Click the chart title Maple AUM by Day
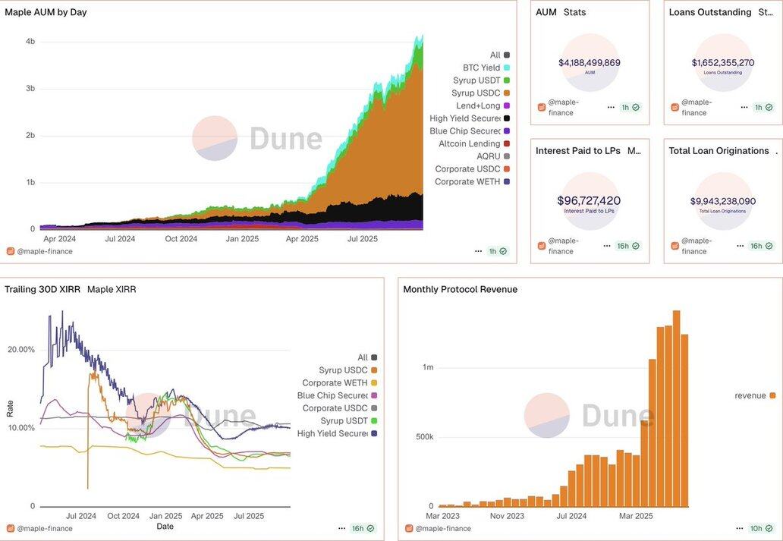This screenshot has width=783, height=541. point(46,12)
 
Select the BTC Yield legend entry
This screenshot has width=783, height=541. point(481,68)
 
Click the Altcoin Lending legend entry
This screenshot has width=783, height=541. point(469,143)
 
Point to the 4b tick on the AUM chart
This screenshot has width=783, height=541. point(30,41)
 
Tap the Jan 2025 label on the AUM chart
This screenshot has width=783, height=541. point(242,238)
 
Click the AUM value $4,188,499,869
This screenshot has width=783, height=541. point(590,62)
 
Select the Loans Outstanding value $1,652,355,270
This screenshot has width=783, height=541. point(722,62)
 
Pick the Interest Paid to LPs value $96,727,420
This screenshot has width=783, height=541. point(589,200)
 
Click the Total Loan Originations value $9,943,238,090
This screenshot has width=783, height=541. point(722,201)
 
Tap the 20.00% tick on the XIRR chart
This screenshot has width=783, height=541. point(21,349)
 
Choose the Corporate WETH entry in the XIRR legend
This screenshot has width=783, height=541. point(335,382)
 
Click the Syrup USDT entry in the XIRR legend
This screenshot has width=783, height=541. point(344,420)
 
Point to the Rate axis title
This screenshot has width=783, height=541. point(10,409)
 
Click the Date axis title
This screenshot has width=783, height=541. point(165,526)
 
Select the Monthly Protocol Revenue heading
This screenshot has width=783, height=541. point(460,289)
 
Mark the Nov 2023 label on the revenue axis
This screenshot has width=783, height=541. point(507,516)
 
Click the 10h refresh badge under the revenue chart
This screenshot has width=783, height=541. point(756,528)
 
